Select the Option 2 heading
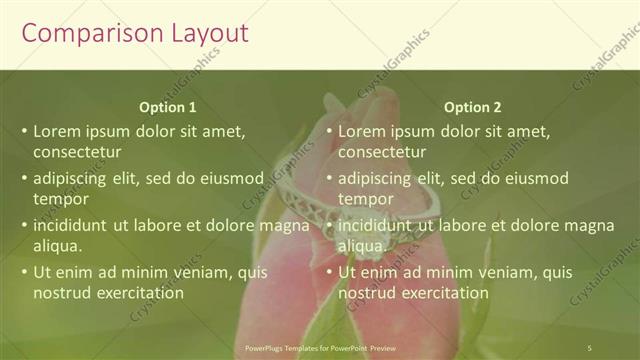pos(473,107)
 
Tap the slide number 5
pos(590,348)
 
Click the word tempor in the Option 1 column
pos(62,199)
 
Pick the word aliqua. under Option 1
pos(58,246)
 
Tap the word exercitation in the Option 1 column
pos(137,293)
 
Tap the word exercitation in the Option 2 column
pos(441,293)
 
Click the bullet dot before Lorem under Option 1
pos(24,131)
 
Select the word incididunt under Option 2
pos(380,225)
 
